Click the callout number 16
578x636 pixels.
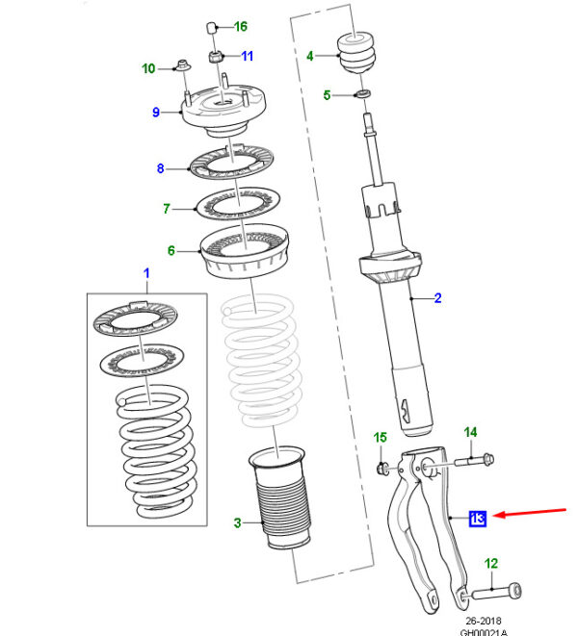[x=240, y=26]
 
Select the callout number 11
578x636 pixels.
[x=246, y=56]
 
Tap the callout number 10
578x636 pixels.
[x=148, y=68]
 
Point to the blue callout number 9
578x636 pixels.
[x=155, y=113]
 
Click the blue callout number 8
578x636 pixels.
[x=162, y=169]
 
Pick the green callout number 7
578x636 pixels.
[x=166, y=208]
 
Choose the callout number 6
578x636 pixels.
[x=171, y=251]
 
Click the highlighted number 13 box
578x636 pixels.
[x=478, y=519]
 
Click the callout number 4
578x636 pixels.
[x=310, y=56]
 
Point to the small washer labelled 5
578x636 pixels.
[x=362, y=93]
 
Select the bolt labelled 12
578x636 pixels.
[x=503, y=589]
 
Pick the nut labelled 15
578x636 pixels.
[x=382, y=469]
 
